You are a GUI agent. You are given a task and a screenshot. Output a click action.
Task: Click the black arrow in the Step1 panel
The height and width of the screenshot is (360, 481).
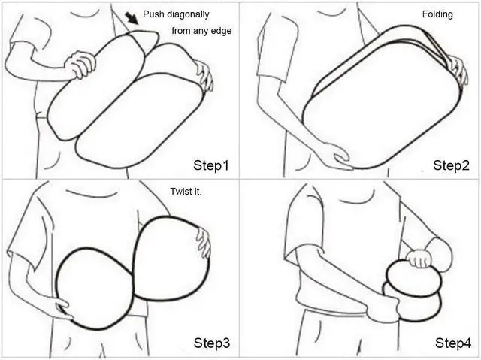click(132, 18)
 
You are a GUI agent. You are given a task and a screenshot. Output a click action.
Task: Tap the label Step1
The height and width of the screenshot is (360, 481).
click(211, 165)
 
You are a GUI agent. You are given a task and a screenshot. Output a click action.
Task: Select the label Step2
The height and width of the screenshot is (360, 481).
click(451, 165)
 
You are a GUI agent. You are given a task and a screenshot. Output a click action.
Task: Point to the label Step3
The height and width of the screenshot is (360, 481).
click(212, 343)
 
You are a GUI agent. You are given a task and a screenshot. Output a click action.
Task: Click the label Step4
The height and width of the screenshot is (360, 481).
click(453, 343)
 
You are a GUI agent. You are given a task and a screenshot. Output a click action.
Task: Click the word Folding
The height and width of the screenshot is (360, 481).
click(437, 14)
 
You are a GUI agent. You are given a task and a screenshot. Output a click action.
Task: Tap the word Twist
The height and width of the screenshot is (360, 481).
click(180, 192)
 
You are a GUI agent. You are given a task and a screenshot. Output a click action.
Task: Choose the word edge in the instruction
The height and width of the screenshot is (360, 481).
click(222, 31)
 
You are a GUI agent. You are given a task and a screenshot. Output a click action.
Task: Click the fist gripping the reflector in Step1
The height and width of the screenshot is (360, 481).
click(80, 65)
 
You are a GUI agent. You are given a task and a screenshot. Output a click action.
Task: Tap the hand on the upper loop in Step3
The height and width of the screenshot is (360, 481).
click(204, 242)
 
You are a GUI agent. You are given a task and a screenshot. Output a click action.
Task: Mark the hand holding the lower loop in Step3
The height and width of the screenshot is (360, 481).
click(62, 308)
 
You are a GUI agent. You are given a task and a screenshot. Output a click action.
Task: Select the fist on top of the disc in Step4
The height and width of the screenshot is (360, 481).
click(418, 259)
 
